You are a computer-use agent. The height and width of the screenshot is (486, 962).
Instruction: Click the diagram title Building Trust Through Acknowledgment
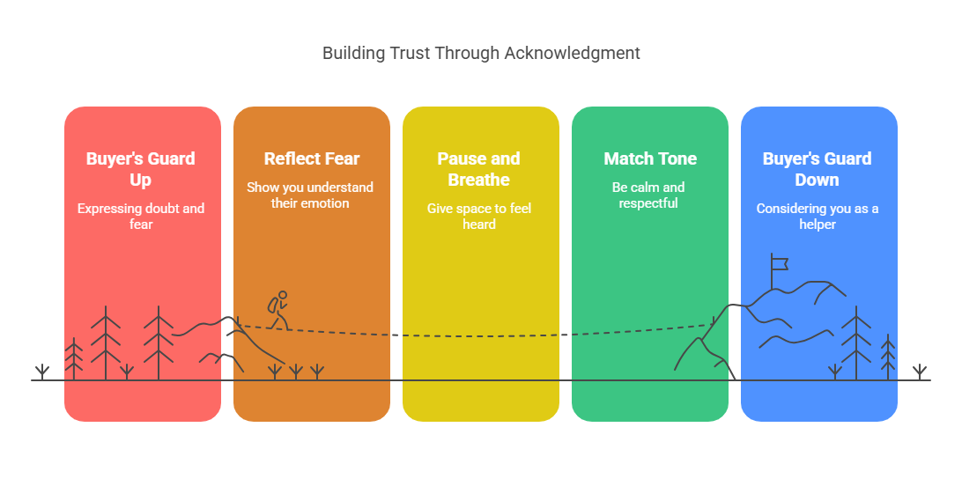[x=481, y=54]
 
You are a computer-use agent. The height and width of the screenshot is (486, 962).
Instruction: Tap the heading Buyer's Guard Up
[x=140, y=169]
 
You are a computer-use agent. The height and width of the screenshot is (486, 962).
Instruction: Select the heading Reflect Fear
[x=312, y=158]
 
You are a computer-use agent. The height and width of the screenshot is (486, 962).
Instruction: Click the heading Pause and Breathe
[x=478, y=169]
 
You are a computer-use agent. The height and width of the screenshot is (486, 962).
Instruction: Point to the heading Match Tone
[x=650, y=158]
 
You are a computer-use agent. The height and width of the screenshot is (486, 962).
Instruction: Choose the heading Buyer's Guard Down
[x=818, y=169]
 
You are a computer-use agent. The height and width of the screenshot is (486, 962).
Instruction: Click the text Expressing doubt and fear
[x=140, y=217]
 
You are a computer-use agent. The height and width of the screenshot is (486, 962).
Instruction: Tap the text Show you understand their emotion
[x=310, y=195]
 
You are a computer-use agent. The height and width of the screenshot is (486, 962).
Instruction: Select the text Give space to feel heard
[x=479, y=217]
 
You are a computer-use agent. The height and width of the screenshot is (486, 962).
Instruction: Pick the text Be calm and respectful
[x=648, y=195]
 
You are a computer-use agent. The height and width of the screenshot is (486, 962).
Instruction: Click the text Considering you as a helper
[x=818, y=217]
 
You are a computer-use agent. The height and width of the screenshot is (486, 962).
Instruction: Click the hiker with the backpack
[x=278, y=311]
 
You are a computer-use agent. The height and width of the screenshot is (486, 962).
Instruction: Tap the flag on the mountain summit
[x=779, y=264]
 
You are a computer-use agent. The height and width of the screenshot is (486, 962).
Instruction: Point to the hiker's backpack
[x=272, y=306]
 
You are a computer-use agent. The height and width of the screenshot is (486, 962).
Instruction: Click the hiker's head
[x=283, y=295]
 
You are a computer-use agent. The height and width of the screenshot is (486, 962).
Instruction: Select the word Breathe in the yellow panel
[x=478, y=180]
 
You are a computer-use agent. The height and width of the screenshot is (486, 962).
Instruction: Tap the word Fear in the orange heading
[x=343, y=158]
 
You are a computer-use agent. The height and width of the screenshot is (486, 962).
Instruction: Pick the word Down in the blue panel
[x=817, y=180]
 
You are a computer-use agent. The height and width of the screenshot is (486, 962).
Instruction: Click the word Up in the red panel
[x=140, y=180]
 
